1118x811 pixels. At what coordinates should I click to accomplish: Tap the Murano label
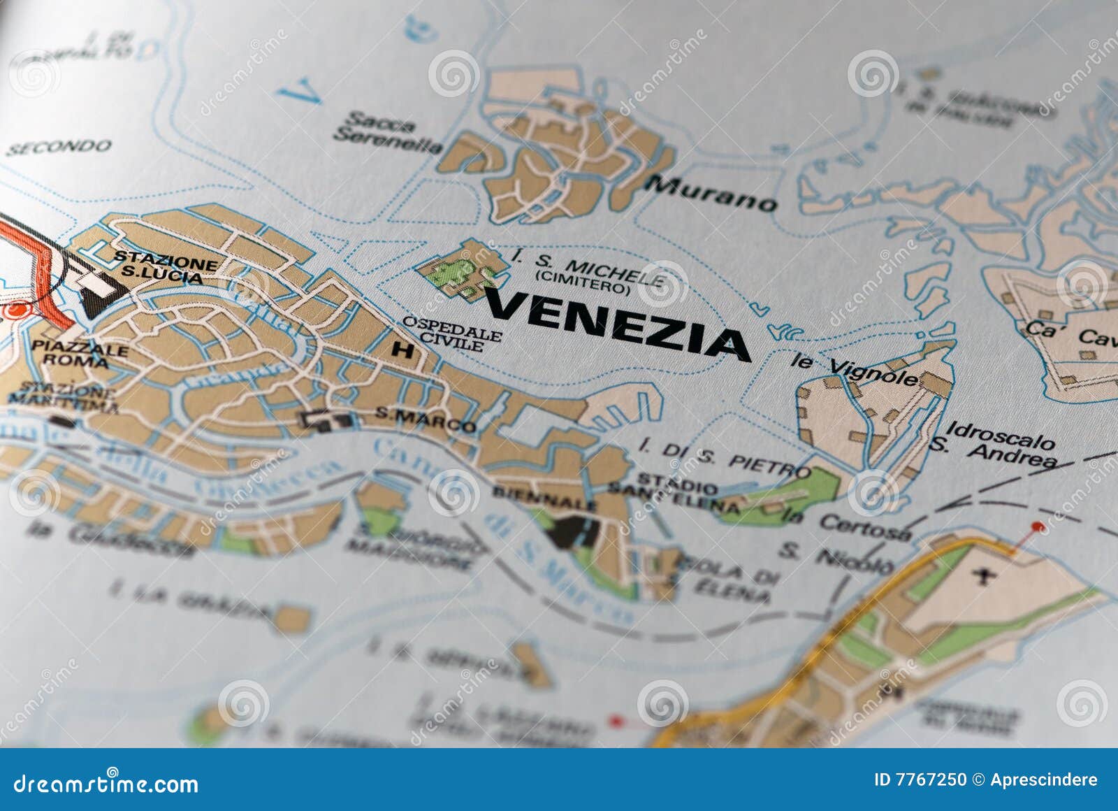pos(711,194)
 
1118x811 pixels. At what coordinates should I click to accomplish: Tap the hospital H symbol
pos(402,350)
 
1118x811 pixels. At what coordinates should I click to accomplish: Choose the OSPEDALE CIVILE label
pos(453,333)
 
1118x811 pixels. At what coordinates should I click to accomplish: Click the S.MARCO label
pos(425,419)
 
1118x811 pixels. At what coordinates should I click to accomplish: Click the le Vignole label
pos(854,369)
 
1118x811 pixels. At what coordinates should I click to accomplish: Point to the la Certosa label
pos(847,524)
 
